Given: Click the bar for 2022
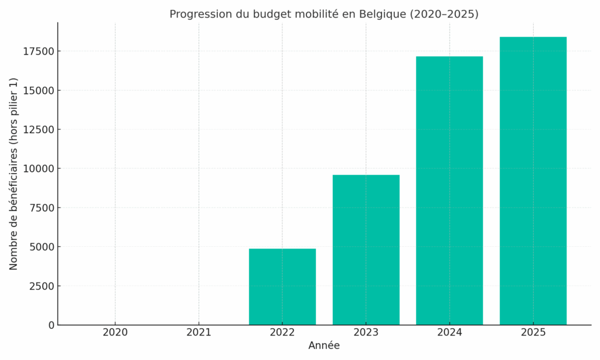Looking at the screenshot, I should coord(282,287).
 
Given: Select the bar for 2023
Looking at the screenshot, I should coord(366,250).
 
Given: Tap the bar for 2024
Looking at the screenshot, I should coord(449,191).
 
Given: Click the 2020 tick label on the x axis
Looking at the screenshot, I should coord(115,333).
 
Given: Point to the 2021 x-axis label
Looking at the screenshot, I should coord(199,333).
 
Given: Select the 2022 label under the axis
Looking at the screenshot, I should coord(282,333).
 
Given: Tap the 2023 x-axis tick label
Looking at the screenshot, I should coord(366,333).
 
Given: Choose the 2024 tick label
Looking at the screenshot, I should coord(449,333).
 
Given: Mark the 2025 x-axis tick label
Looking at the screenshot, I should coord(533,333).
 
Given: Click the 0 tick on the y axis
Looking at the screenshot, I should coord(52,325).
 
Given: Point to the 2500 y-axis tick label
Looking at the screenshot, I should coord(42,286).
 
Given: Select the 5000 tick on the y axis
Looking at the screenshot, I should coord(42,247).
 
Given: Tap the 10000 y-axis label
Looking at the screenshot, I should coord(39,169).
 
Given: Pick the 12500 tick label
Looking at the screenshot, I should coord(39,130).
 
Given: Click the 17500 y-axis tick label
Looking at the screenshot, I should coord(39,52).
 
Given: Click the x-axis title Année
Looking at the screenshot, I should coord(324,346).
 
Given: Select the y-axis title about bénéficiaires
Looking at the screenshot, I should coord(14,174).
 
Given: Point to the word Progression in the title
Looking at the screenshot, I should coord(197,14).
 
